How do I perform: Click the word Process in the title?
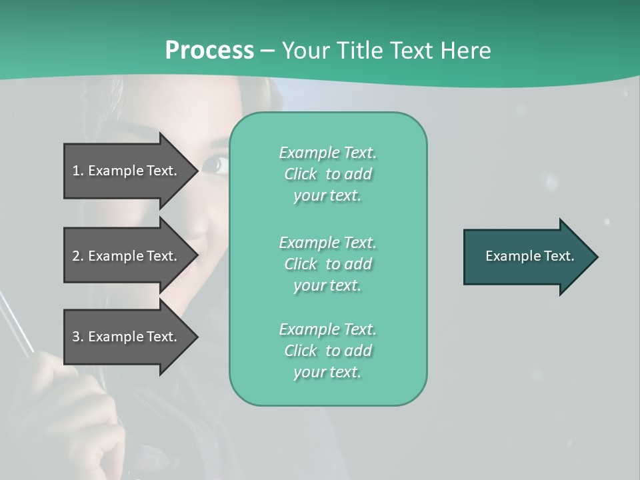tap(209, 51)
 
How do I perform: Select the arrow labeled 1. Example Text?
tap(127, 171)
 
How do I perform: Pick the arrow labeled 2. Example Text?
tap(127, 256)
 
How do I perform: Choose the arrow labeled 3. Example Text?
tap(127, 337)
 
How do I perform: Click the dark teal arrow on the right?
tap(527, 256)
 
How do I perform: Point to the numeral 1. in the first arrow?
tap(77, 171)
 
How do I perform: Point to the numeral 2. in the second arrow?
tap(77, 256)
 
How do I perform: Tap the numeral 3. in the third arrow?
tap(77, 337)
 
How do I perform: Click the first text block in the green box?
tap(327, 174)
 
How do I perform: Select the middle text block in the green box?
tap(327, 264)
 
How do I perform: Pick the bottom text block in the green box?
tap(327, 351)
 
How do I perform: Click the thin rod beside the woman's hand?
tap(17, 327)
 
